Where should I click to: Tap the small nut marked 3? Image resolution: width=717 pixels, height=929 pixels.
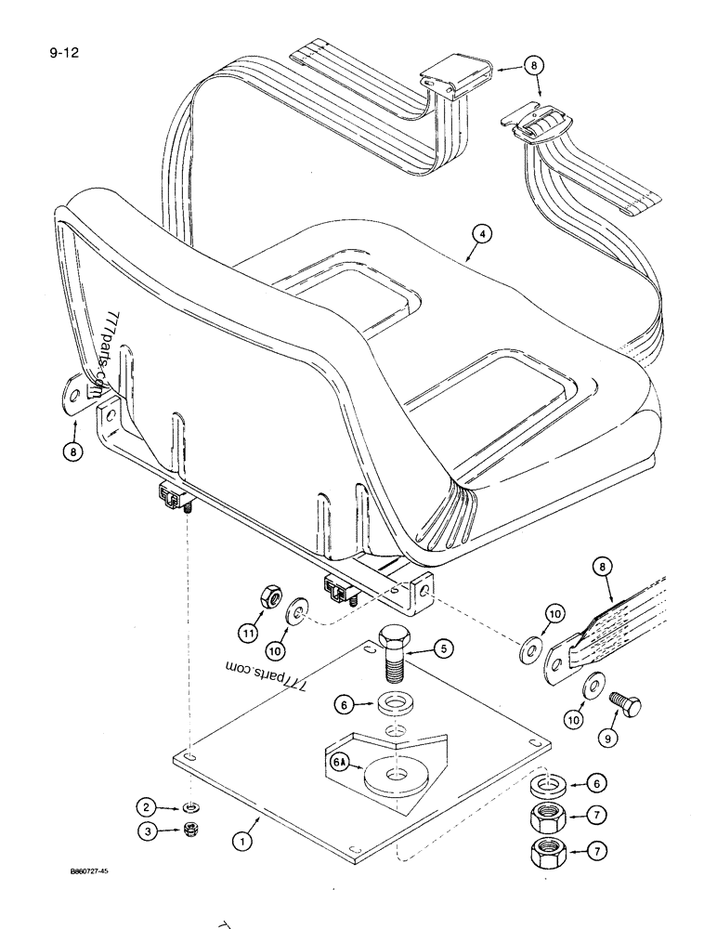tap(189, 831)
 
